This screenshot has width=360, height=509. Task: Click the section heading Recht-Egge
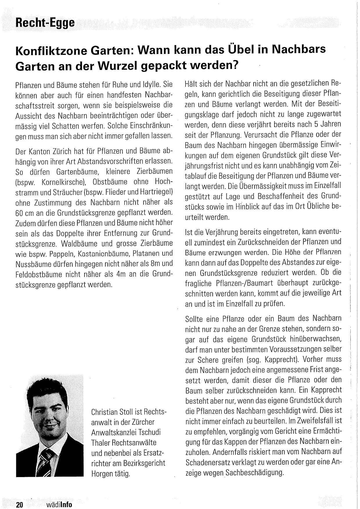point(45,22)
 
